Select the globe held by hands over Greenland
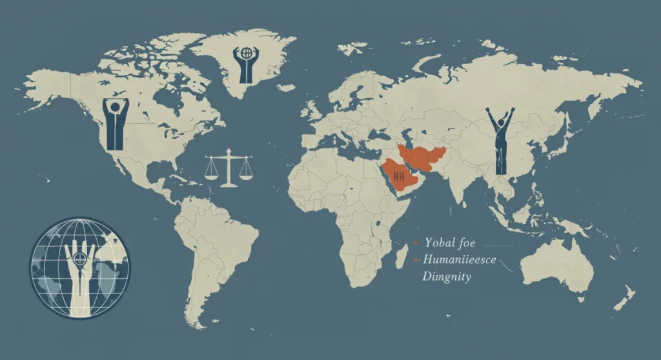pyautogui.click(x=246, y=52)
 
